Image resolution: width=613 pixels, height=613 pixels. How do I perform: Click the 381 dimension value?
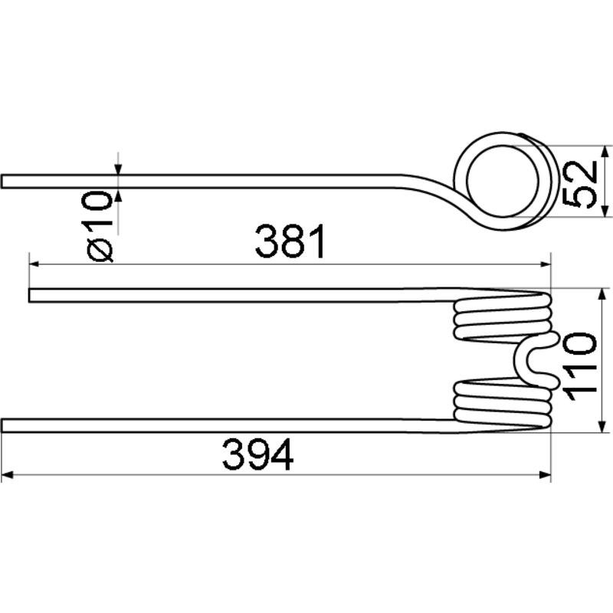pos(290,241)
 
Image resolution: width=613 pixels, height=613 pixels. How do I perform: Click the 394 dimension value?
pos(258,454)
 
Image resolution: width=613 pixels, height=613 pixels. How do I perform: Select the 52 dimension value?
pos(580,184)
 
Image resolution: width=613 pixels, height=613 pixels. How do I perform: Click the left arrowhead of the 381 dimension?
pos(34,264)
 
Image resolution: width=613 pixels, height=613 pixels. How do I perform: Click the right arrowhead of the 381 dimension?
pos(546,264)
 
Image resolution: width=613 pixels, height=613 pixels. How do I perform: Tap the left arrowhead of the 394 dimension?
pos(7,475)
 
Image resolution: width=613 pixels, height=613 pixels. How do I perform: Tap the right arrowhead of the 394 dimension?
pos(546,475)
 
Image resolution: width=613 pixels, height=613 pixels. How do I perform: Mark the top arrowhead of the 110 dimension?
pos(602,295)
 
